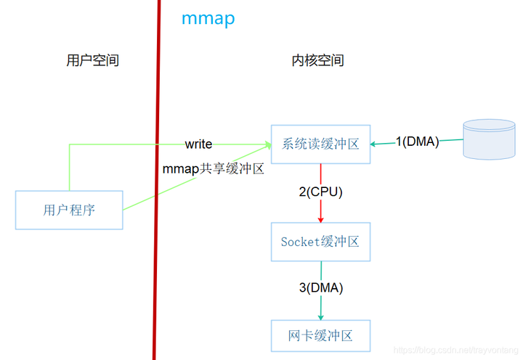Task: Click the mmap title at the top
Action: (208, 18)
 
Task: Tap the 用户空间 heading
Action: (92, 60)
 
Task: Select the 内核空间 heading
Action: (317, 60)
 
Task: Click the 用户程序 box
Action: (69, 210)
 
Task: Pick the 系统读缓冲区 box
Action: (320, 144)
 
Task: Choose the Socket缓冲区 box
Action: (320, 242)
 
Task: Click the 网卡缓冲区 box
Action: (320, 336)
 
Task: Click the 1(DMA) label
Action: (417, 142)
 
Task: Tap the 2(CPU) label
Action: (320, 192)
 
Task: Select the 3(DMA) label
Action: (320, 287)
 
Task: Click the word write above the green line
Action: (198, 144)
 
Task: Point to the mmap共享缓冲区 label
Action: (213, 171)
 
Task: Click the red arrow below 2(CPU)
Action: (320, 210)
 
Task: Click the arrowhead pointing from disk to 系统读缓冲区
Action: (374, 144)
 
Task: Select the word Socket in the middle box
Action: (301, 242)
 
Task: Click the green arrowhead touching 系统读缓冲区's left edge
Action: (267, 145)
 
